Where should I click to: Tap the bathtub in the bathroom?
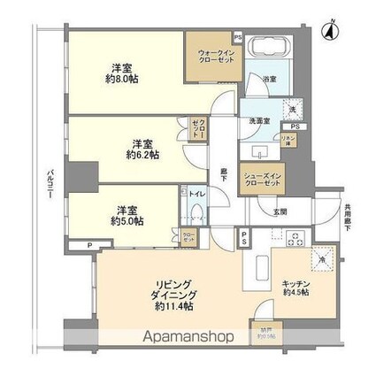[266, 48]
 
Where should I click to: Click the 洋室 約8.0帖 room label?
[123, 73]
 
